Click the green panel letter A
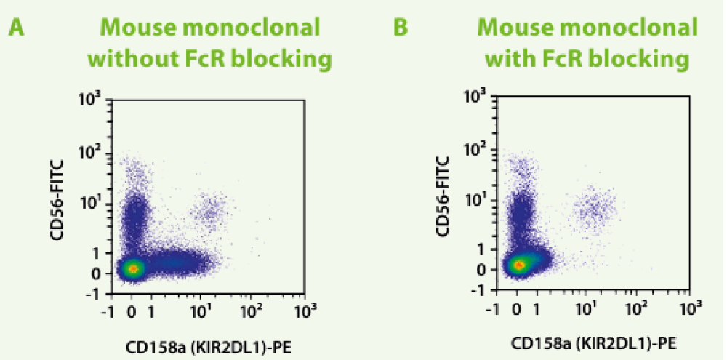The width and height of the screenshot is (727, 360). tap(17, 28)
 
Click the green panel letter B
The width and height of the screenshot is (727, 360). tap(401, 28)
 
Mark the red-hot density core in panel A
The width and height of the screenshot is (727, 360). tap(132, 268)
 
